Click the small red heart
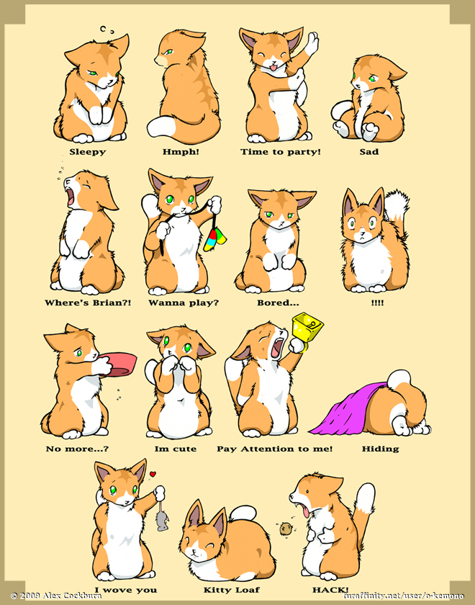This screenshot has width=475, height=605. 153,474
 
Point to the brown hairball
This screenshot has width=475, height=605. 285,528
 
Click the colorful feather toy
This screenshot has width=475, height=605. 215,239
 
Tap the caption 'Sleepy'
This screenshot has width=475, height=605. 88,152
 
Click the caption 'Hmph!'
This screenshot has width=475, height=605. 181,152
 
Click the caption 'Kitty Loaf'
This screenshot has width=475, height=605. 231,590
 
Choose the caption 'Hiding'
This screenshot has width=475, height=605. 380,449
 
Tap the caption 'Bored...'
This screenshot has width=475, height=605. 278,303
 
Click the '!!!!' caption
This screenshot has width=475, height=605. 377,303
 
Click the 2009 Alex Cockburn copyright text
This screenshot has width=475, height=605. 56,596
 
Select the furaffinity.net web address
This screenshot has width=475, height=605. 403,596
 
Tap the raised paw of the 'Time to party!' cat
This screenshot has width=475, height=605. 312,42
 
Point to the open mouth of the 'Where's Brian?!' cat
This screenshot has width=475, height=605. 71,197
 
